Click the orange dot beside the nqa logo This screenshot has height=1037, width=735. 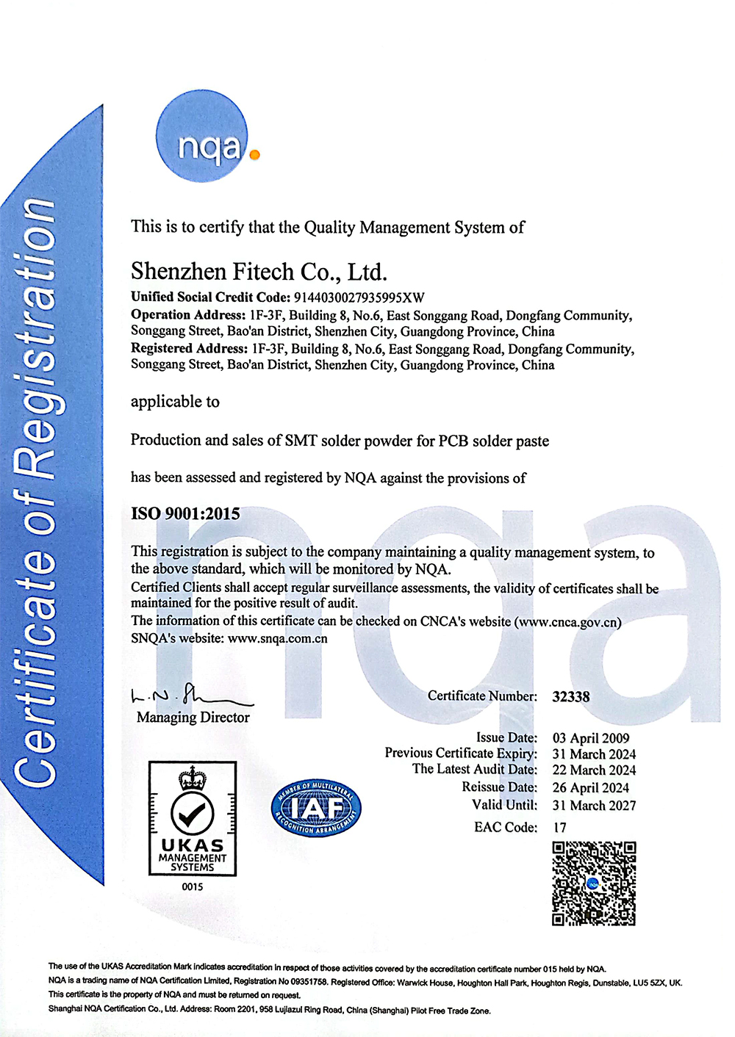(x=254, y=155)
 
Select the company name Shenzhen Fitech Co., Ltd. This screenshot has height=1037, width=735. (x=259, y=272)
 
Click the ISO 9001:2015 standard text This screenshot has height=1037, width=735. (x=185, y=513)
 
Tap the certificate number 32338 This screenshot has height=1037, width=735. (x=571, y=696)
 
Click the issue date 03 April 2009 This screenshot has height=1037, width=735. (x=591, y=738)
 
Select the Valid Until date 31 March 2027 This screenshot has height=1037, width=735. (x=594, y=806)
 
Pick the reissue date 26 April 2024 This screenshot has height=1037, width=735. (x=591, y=788)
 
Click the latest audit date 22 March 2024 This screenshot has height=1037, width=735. (x=594, y=770)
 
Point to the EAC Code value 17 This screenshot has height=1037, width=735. (x=560, y=828)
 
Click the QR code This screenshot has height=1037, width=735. (x=594, y=884)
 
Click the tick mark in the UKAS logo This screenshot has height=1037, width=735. (x=193, y=812)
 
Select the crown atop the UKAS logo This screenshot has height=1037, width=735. (x=193, y=777)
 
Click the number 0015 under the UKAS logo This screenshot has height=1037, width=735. (x=193, y=887)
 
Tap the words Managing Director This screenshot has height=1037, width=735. (x=193, y=718)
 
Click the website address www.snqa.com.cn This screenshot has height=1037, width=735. (x=278, y=638)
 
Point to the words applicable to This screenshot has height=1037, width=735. (x=175, y=402)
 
